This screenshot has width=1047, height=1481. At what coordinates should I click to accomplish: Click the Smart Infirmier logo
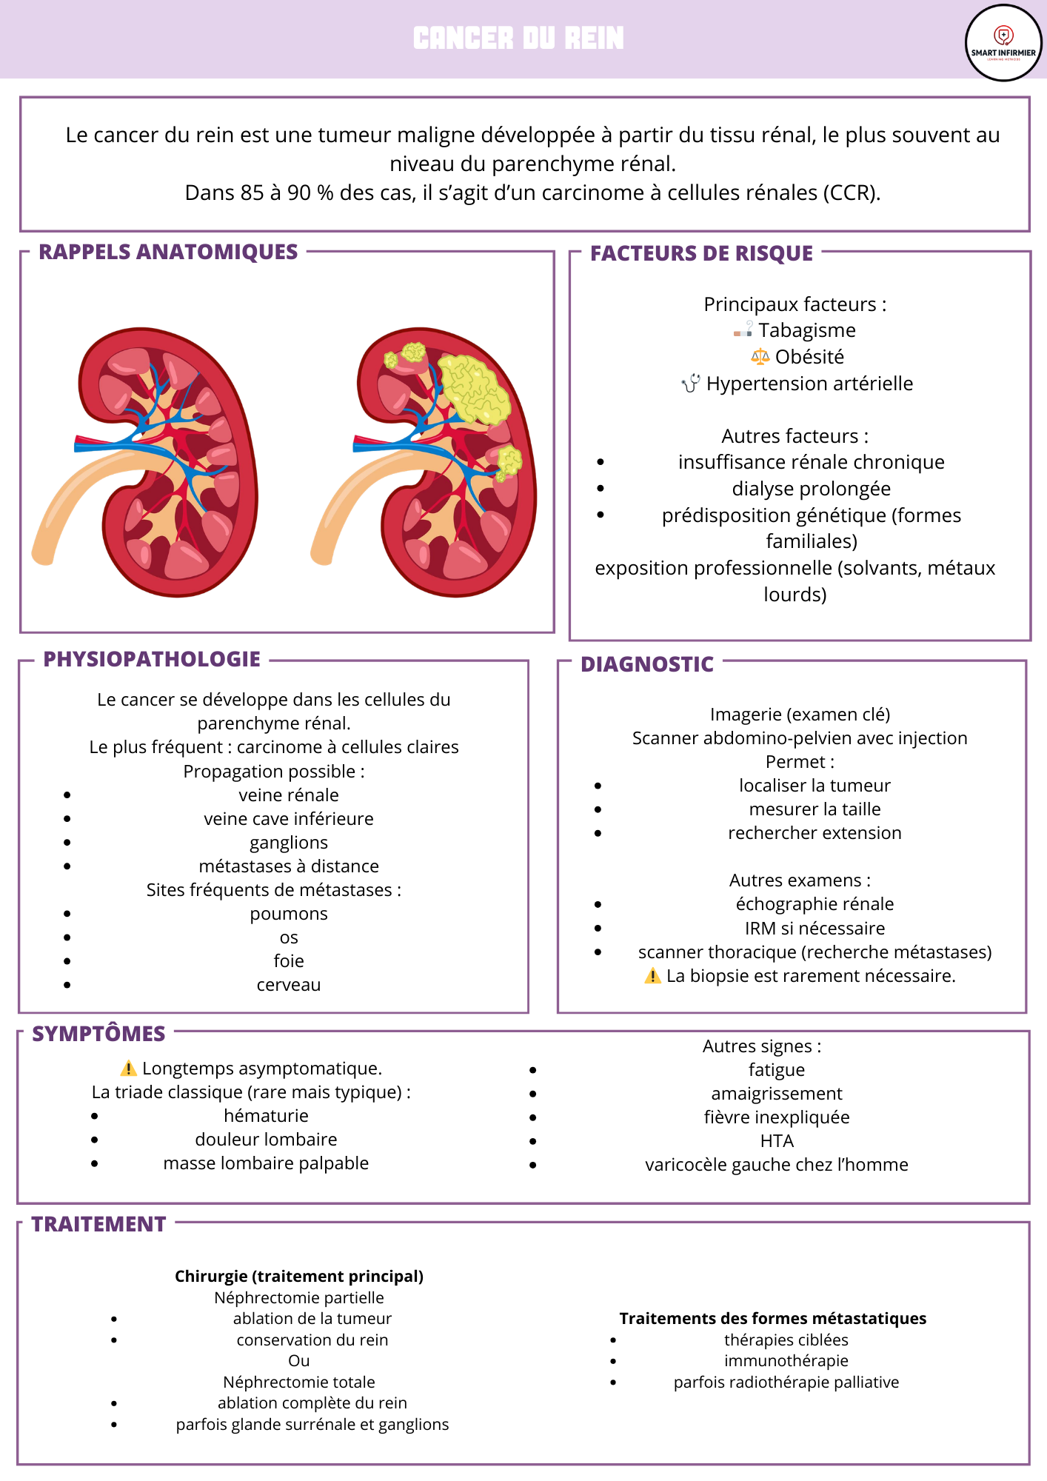pyautogui.click(x=1003, y=43)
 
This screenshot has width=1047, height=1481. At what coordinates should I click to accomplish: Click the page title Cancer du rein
pyautogui.click(x=518, y=39)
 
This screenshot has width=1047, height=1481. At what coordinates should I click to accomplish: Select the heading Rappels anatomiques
pyautogui.click(x=168, y=252)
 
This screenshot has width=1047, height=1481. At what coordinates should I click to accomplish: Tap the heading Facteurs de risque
pyautogui.click(x=701, y=253)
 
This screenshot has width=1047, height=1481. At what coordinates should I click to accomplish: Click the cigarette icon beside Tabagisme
pyautogui.click(x=743, y=330)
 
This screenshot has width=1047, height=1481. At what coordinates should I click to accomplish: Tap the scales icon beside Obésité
pyautogui.click(x=760, y=357)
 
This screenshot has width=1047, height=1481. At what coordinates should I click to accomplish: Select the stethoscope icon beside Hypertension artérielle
pyautogui.click(x=691, y=384)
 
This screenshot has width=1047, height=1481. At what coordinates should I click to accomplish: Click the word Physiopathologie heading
pyautogui.click(x=152, y=659)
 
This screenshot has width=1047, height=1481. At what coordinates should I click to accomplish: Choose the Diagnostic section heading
pyautogui.click(x=647, y=664)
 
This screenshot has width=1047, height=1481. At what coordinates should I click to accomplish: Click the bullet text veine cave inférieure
pyautogui.click(x=289, y=819)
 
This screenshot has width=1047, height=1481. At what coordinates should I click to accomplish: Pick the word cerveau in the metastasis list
pyautogui.click(x=289, y=985)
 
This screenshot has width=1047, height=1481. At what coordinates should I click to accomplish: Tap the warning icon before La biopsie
pyautogui.click(x=653, y=976)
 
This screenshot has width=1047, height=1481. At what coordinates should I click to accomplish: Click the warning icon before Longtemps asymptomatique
pyautogui.click(x=129, y=1069)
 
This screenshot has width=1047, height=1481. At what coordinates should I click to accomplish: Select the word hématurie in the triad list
pyautogui.click(x=267, y=1116)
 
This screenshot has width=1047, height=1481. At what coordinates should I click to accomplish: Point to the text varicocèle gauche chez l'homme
pyautogui.click(x=777, y=1165)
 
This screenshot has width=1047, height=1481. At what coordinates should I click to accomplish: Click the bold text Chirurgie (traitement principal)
pyautogui.click(x=299, y=1276)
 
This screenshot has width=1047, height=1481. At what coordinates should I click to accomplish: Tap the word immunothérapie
pyautogui.click(x=786, y=1360)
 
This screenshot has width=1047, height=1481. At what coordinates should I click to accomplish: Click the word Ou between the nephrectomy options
pyautogui.click(x=299, y=1360)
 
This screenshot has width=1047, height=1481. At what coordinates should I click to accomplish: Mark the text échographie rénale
pyautogui.click(x=815, y=904)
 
